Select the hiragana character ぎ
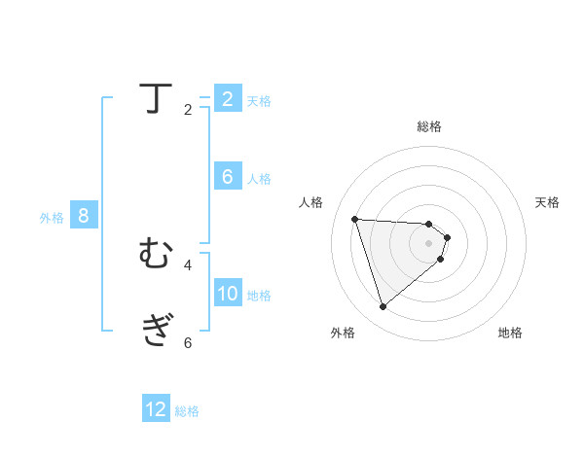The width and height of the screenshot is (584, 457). (x=156, y=329)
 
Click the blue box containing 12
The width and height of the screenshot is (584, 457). (x=156, y=409)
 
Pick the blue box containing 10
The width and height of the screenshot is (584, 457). (x=228, y=294)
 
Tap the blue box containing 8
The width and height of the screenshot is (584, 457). (x=84, y=216)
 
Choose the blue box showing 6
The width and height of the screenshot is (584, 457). (x=228, y=177)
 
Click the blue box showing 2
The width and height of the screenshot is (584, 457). (x=228, y=98)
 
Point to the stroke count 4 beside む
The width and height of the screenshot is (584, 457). (x=188, y=264)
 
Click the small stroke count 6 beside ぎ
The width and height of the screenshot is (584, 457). (x=188, y=341)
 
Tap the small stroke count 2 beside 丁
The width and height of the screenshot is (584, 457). (x=188, y=110)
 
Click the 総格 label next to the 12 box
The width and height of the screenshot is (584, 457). (x=187, y=411)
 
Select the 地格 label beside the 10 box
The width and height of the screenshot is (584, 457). (x=259, y=296)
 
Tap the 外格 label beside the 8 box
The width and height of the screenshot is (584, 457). (x=52, y=218)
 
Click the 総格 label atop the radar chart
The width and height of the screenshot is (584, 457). (x=429, y=126)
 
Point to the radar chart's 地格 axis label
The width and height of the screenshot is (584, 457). (x=510, y=333)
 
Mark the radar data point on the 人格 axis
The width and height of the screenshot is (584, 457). (x=355, y=219)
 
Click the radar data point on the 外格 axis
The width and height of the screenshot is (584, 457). (x=383, y=307)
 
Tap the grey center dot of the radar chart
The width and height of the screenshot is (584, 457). (x=429, y=243)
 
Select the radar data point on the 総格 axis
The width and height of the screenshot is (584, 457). (x=429, y=224)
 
